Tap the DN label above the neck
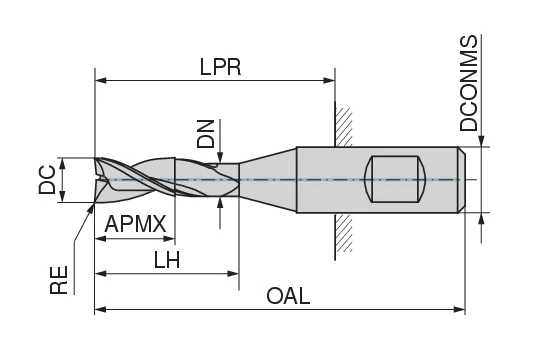coord(205,135)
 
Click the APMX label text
coord(135,225)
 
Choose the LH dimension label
coord(168,258)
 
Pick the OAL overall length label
coord(289,297)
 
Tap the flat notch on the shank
coord(399,181)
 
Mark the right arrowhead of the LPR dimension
coord(329,79)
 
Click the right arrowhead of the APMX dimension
coord(170,240)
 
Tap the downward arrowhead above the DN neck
coord(220,156)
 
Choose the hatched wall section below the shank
coord(343,235)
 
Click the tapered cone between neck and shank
coord(268,181)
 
